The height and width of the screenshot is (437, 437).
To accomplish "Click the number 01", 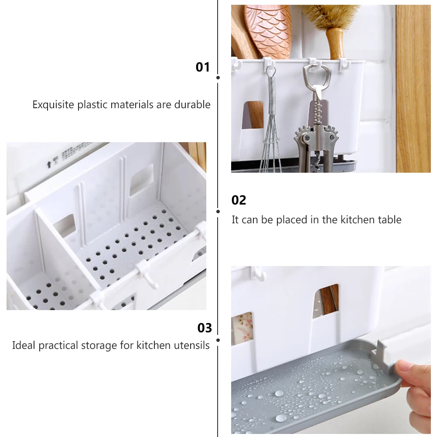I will pos(202,67).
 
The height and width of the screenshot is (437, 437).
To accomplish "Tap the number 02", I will pos(239,200).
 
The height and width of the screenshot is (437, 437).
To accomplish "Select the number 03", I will pos(205,328).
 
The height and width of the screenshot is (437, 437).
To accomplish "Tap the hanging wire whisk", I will pos(271,131).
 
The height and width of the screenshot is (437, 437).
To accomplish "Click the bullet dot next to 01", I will pos(218,78).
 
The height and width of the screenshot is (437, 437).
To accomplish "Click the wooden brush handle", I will pos(335,44).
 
